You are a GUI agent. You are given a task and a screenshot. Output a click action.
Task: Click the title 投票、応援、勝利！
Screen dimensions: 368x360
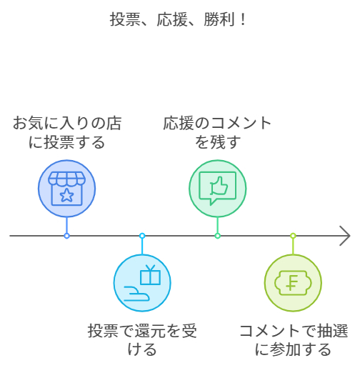[179, 19]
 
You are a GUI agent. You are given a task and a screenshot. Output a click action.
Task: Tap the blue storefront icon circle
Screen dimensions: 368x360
[66, 188]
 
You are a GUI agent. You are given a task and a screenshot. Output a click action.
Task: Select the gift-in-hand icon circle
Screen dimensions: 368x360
[142, 283]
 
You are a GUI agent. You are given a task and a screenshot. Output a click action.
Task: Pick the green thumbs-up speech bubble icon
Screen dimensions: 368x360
[217, 188]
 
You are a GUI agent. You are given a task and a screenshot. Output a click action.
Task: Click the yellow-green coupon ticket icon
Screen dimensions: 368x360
[293, 283]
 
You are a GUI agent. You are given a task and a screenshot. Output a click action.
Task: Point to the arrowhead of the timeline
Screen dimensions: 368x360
[345, 235]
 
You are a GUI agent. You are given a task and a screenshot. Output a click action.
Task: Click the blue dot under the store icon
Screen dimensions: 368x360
[66, 235]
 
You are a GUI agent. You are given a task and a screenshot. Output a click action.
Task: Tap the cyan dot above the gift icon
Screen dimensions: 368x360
[142, 235]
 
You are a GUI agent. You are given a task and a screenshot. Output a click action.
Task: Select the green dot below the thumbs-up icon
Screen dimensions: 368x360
[217, 235]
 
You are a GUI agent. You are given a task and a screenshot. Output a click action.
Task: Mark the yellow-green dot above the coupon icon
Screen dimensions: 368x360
[293, 235]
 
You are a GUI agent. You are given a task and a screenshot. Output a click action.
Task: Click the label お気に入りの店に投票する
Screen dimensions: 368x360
[66, 132]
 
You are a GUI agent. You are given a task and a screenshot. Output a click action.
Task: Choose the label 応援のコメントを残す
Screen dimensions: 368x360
[217, 132]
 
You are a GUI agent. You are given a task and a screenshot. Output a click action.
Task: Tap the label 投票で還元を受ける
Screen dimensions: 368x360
[142, 339]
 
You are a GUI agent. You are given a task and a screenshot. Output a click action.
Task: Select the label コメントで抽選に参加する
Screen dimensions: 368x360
[293, 339]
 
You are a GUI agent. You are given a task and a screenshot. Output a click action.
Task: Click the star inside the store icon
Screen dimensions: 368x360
[66, 196]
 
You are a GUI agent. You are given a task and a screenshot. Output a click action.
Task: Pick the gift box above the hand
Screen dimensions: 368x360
[150, 274]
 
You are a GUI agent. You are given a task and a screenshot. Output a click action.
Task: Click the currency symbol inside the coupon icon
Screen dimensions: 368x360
[293, 283]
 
